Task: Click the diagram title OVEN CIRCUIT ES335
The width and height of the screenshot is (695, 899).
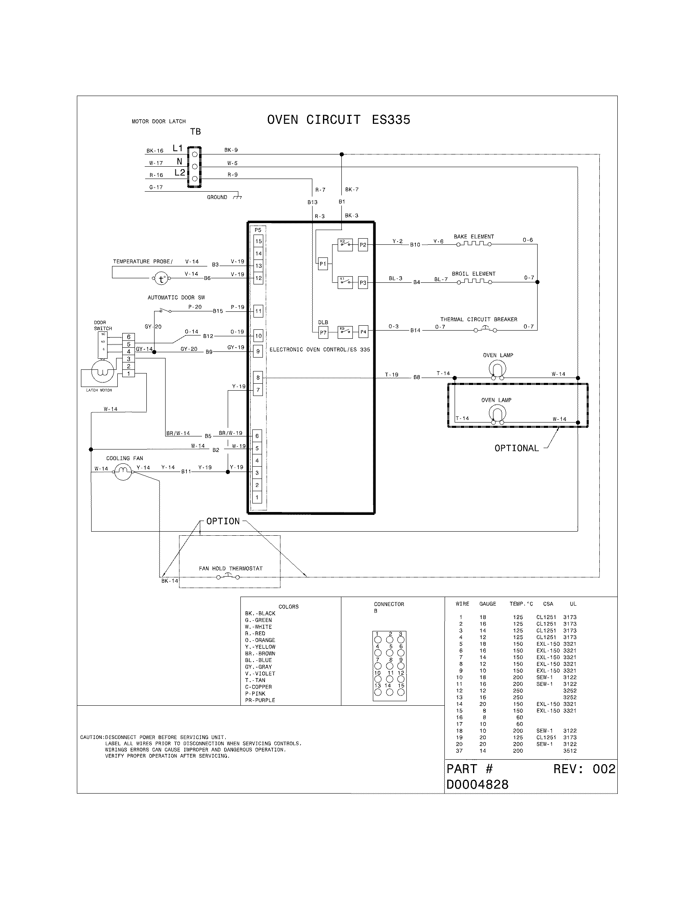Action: [x=339, y=120]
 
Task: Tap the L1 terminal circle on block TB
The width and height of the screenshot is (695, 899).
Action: [x=195, y=154]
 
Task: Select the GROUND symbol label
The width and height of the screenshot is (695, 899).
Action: [x=217, y=197]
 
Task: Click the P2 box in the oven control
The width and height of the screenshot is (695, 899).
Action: [x=363, y=245]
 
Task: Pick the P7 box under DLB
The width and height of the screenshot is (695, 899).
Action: [x=323, y=332]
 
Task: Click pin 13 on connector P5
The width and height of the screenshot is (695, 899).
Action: [x=258, y=266]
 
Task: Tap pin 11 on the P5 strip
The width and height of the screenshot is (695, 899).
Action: [x=258, y=311]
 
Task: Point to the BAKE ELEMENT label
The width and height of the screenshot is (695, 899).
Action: [x=473, y=237]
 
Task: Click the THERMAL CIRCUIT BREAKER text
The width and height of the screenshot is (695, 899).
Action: [x=478, y=319]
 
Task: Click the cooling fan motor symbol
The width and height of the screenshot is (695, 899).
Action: [x=123, y=472]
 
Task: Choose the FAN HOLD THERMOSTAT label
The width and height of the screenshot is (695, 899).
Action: [x=231, y=568]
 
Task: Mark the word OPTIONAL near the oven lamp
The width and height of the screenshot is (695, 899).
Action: [x=516, y=448]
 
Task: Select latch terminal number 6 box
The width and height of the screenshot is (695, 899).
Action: [x=128, y=337]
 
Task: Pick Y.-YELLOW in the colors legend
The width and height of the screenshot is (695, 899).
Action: [x=260, y=647]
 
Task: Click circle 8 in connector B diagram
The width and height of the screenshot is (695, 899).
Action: [x=390, y=666]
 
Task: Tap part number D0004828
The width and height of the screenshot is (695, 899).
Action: [x=478, y=785]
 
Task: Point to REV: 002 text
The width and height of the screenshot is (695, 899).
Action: [x=584, y=769]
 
